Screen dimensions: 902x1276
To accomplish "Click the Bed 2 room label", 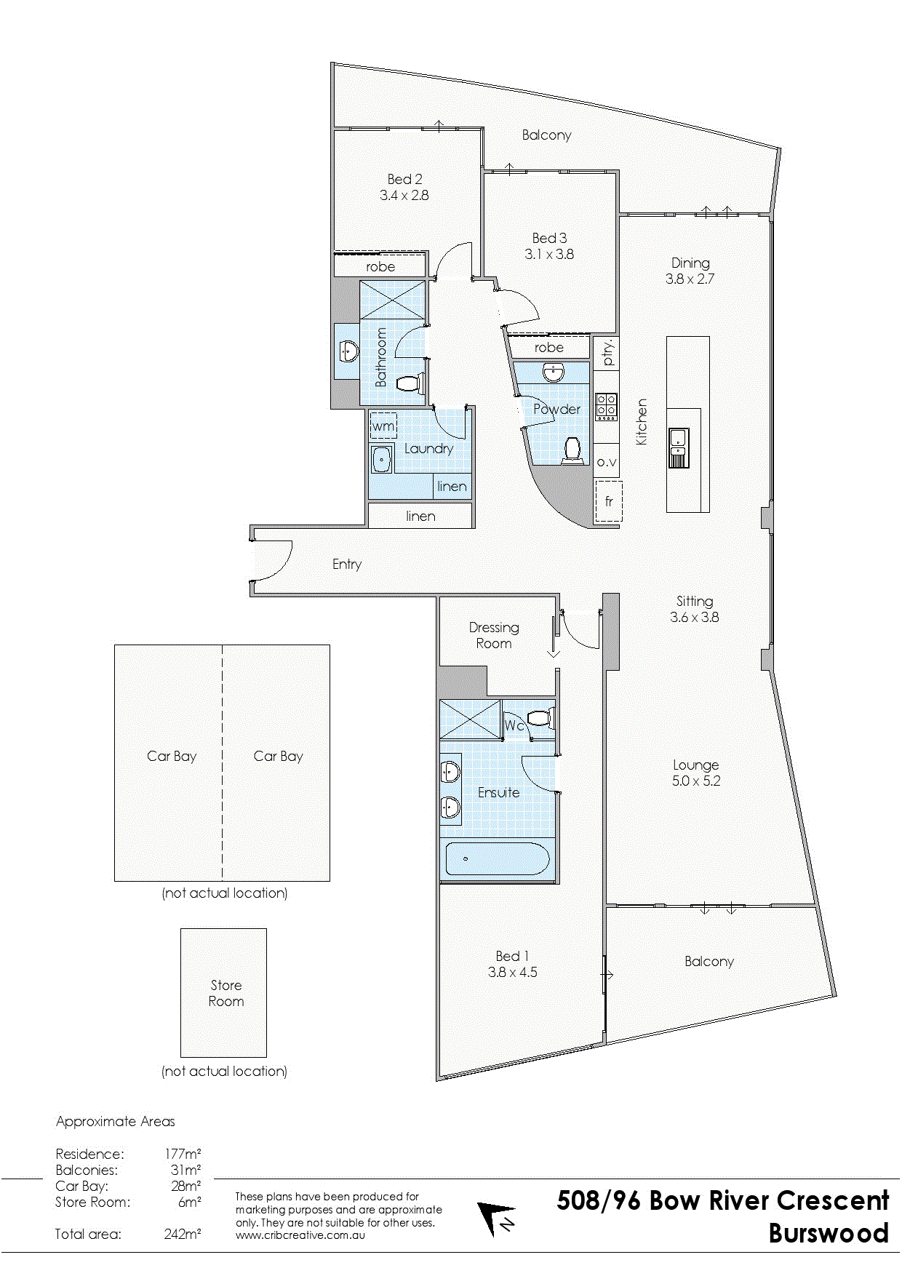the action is pyautogui.click(x=404, y=179).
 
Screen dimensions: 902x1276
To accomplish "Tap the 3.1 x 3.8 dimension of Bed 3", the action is pyautogui.click(x=549, y=254).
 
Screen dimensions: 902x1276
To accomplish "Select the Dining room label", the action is pyautogui.click(x=690, y=263).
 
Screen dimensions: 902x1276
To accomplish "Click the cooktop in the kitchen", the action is pyautogui.click(x=607, y=407).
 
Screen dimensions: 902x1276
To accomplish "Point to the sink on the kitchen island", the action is pyautogui.click(x=678, y=447).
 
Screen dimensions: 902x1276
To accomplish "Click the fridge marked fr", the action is pyautogui.click(x=608, y=501).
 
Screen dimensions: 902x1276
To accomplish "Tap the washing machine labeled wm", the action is pyautogui.click(x=383, y=426).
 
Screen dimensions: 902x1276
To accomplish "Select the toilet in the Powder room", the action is pyautogui.click(x=572, y=450).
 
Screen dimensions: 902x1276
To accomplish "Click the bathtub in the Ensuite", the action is pyautogui.click(x=498, y=859).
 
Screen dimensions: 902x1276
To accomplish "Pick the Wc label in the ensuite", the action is pyautogui.click(x=514, y=725).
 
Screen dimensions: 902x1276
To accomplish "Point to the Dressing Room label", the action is pyautogui.click(x=494, y=635).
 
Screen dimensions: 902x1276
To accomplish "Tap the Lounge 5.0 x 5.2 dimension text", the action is pyautogui.click(x=696, y=781).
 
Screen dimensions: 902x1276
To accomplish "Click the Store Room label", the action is pyautogui.click(x=226, y=993).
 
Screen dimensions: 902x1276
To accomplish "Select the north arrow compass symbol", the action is pyautogui.click(x=496, y=1219).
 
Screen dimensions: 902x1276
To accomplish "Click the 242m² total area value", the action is pyautogui.click(x=183, y=1234).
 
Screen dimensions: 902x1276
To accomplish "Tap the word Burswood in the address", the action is pyautogui.click(x=829, y=1233).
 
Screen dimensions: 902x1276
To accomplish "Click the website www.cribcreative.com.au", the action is pyautogui.click(x=300, y=1235).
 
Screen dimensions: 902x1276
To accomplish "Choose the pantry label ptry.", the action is pyautogui.click(x=608, y=353).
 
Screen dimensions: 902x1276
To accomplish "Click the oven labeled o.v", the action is pyautogui.click(x=607, y=462).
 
